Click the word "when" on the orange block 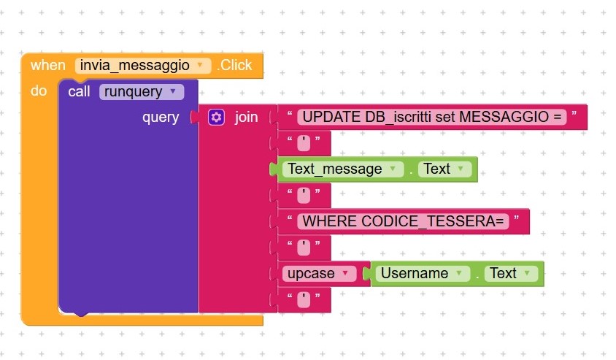tap(47, 66)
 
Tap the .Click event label tap(235, 66)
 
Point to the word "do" tap(39, 91)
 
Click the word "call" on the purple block tap(80, 91)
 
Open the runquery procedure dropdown tap(172, 91)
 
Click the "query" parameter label tap(161, 117)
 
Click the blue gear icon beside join tap(215, 117)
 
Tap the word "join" tap(246, 117)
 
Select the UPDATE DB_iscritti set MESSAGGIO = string tap(432, 117)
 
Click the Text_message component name tap(335, 169)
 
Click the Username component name tap(415, 273)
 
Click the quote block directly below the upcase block tap(304, 299)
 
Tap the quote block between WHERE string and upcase tap(304, 247)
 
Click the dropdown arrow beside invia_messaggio tap(200, 66)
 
